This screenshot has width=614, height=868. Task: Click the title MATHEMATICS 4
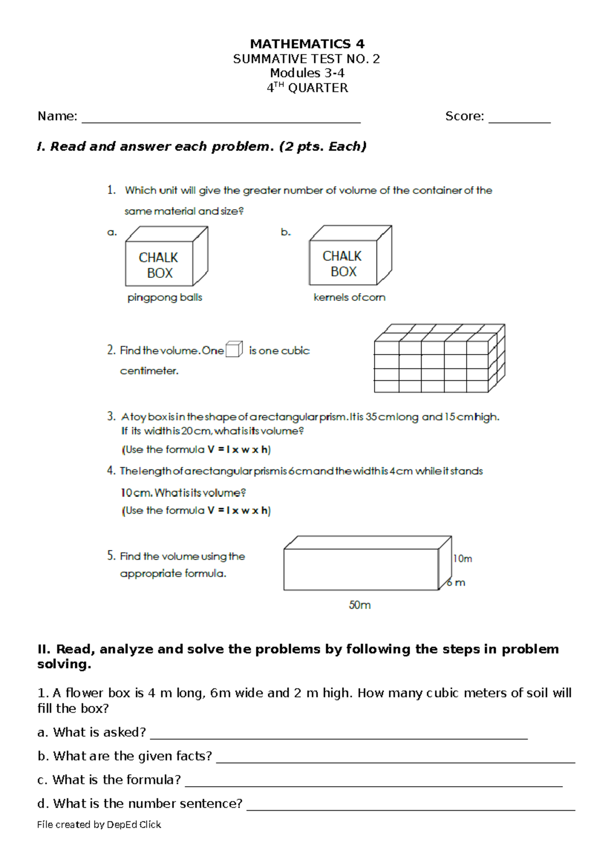tap(307, 44)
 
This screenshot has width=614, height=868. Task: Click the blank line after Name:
tap(221, 122)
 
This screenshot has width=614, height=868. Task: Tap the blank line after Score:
tap(519, 122)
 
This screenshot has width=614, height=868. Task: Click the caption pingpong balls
tap(165, 297)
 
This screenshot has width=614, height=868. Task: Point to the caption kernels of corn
tap(349, 297)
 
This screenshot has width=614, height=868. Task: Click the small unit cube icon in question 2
tap(234, 349)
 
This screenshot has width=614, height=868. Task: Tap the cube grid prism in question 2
tap(439, 358)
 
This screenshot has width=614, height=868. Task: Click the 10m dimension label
tap(462, 558)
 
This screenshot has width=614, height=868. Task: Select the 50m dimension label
tap(360, 605)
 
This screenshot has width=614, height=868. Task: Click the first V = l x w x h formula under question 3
tap(238, 450)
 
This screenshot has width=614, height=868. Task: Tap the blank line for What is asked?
tap(338, 737)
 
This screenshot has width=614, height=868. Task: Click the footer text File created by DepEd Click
tap(99, 824)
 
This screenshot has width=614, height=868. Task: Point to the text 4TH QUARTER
tap(307, 88)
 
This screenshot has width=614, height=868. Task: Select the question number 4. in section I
tap(111, 471)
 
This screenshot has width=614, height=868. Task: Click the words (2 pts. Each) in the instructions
tap(323, 147)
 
